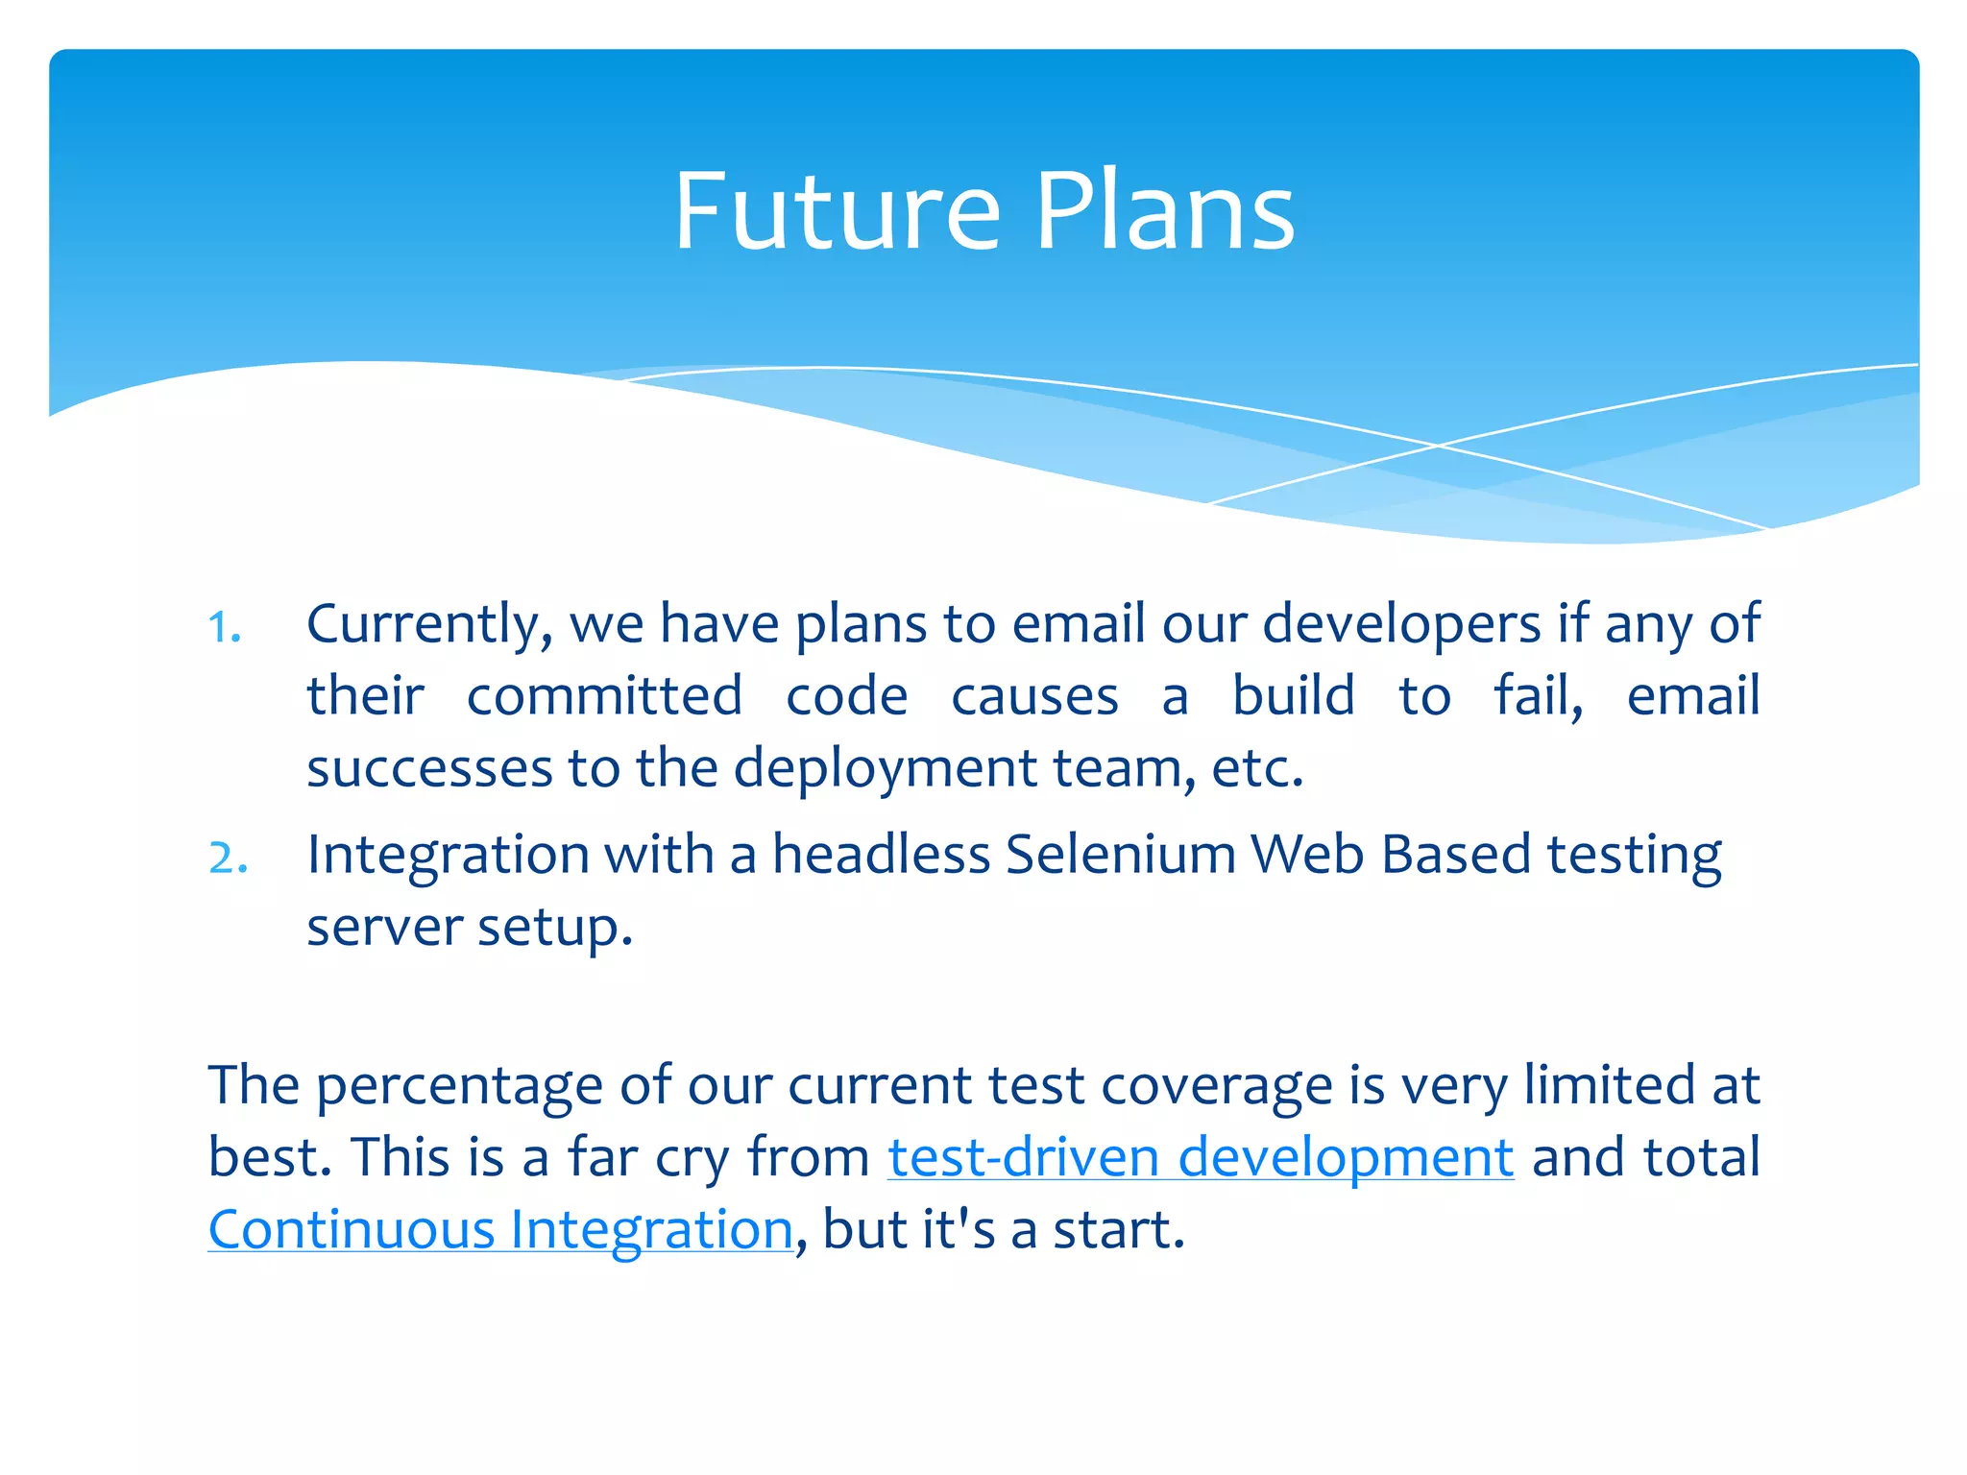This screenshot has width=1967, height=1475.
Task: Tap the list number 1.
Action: tap(223, 629)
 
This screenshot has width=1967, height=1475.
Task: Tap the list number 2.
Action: tap(228, 858)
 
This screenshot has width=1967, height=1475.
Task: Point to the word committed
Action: tap(604, 697)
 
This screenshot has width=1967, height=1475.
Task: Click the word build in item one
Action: tap(1293, 697)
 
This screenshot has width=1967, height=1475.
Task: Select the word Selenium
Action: tap(1120, 855)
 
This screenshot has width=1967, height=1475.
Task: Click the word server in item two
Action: tap(384, 929)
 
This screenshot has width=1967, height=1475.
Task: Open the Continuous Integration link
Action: tap(500, 1231)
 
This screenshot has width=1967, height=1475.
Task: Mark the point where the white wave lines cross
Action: tap(1438, 446)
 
